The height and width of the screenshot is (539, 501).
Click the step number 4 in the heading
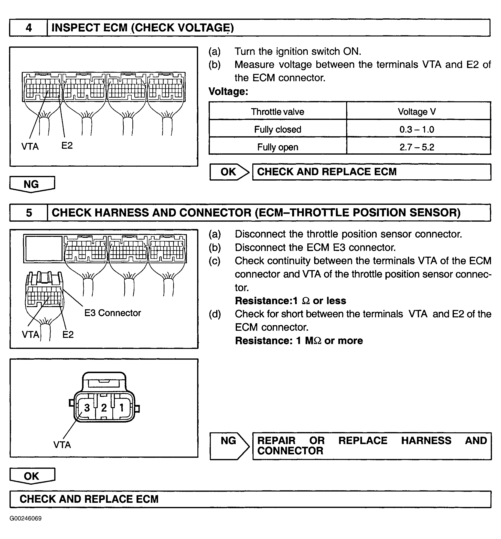point(28,28)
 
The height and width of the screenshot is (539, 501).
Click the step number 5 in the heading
point(29,213)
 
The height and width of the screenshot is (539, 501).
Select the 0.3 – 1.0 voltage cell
point(416,129)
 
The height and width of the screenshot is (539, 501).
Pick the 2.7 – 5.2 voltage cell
point(416,147)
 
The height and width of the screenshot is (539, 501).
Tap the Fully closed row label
point(277,129)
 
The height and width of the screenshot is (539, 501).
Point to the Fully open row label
point(277,147)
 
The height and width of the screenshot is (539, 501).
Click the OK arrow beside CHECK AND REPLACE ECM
point(229,172)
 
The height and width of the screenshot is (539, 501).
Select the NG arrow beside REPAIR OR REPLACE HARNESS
point(229,441)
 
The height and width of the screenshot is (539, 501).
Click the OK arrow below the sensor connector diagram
point(32,476)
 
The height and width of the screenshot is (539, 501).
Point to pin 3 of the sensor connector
point(87,408)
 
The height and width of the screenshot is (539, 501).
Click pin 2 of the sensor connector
point(104,408)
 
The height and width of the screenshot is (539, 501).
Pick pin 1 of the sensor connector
point(122,408)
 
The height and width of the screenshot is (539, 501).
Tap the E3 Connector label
point(113,313)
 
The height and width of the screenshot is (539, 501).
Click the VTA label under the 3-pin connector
point(62,445)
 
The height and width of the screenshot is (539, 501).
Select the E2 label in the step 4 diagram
point(67,146)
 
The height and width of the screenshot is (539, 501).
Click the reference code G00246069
point(26,518)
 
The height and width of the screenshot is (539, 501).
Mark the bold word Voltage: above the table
point(228,91)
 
